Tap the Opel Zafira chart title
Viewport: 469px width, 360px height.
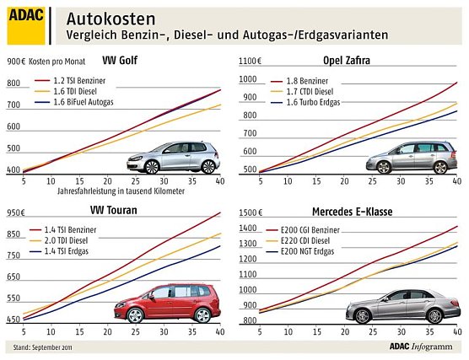point(348,61)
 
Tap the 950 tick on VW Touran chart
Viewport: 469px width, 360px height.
point(15,234)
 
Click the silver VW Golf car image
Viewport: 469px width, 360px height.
point(172,158)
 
